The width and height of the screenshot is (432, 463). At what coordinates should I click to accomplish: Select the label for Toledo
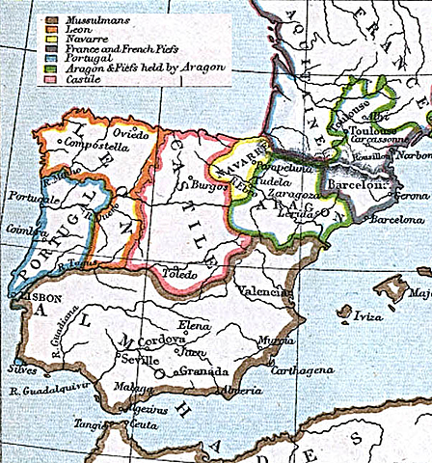[x=178, y=275]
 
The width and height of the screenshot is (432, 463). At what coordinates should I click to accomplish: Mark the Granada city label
[x=202, y=371]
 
